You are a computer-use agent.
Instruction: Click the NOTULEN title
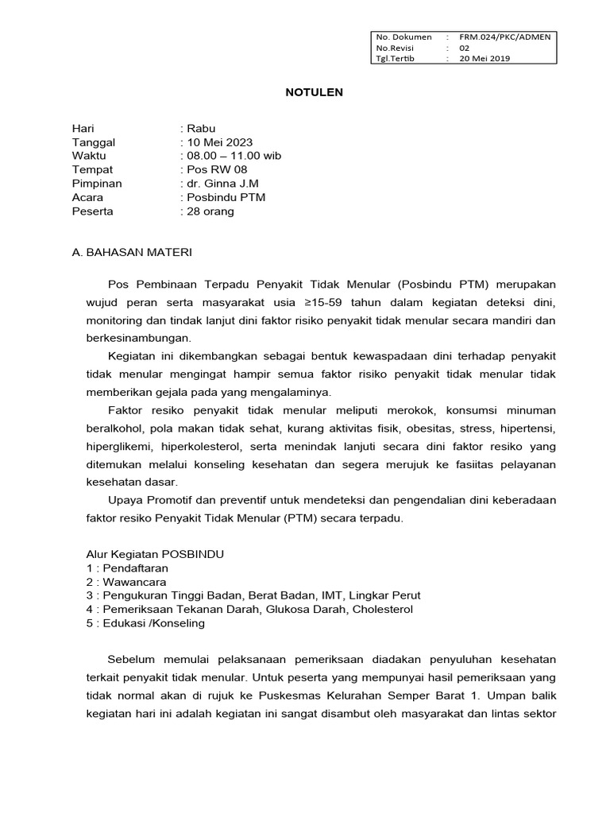click(315, 92)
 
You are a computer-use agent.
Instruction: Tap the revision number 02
click(465, 48)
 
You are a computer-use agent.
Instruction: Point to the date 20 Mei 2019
click(485, 59)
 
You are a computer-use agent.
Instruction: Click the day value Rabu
click(199, 128)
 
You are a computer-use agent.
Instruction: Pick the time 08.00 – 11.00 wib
click(233, 156)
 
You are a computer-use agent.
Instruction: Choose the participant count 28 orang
click(210, 211)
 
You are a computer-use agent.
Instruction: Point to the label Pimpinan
click(97, 184)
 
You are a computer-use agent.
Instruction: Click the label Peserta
click(92, 211)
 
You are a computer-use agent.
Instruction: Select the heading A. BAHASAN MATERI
click(132, 252)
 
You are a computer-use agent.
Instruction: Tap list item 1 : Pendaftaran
click(127, 568)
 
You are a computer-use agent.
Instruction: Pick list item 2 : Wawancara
click(126, 582)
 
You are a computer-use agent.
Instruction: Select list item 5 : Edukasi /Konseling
click(145, 623)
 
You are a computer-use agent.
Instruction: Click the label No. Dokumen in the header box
click(404, 37)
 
